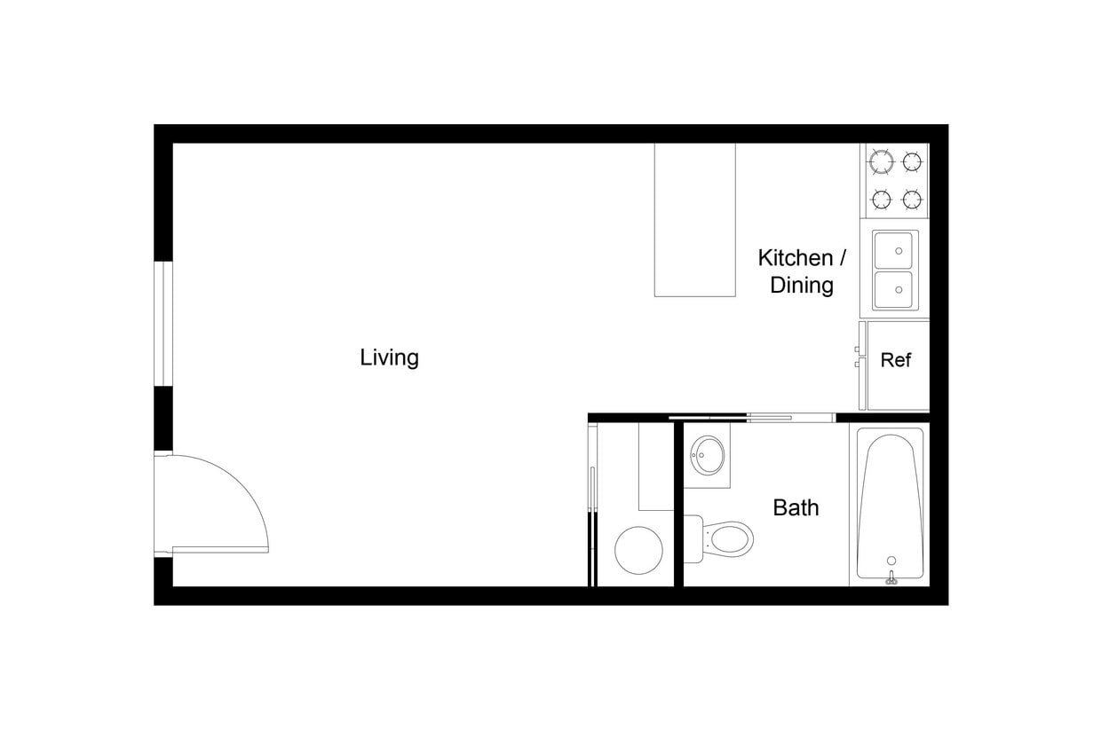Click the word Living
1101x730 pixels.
389,357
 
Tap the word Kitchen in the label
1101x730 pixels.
795,258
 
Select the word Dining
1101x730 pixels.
802,285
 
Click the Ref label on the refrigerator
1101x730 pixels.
895,360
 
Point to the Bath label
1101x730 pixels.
796,507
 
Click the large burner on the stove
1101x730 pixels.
882,162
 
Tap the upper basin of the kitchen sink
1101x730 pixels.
895,250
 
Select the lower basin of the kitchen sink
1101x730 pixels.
895,290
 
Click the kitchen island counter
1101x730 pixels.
694,219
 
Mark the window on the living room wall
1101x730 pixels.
163,323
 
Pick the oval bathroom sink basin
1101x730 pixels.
708,455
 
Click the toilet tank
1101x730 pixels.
694,538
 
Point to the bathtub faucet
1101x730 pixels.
891,579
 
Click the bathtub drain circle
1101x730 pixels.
891,561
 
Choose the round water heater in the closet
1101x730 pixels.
638,550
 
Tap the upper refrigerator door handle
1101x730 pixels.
861,338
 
